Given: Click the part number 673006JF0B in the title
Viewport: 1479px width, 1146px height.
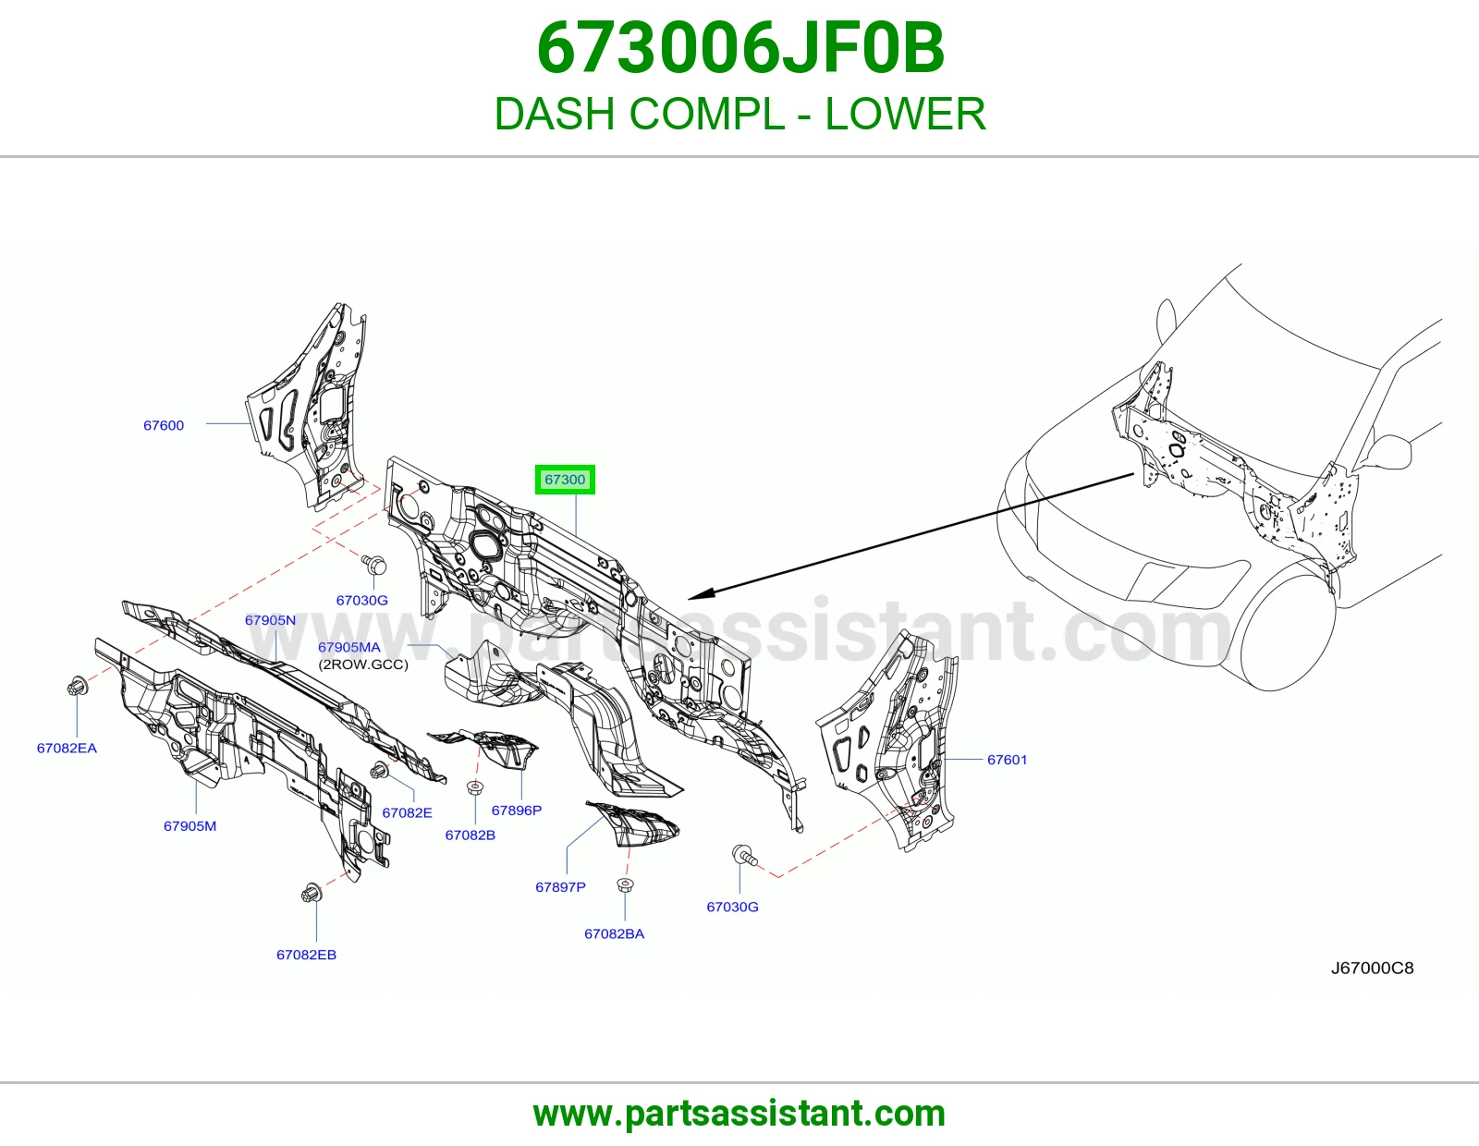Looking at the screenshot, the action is point(740,48).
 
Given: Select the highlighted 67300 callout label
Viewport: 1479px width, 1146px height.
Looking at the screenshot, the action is point(565,480).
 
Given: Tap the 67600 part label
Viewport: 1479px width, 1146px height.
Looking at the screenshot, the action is point(164,425).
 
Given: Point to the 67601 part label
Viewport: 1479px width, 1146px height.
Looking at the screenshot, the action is point(1007,760).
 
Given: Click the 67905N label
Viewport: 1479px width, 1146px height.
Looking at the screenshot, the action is point(270,620).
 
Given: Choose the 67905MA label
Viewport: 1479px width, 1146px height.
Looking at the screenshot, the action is point(349,647).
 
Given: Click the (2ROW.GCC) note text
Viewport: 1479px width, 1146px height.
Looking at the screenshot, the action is point(363,664).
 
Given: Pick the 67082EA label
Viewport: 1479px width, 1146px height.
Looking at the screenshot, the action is point(67,748).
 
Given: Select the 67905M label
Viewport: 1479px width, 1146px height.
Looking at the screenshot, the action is point(189,826).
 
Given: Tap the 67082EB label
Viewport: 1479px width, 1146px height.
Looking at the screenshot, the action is point(306,955).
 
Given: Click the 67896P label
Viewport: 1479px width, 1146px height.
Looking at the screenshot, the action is point(517,811).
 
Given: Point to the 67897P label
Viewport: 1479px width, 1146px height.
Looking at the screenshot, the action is point(560,887).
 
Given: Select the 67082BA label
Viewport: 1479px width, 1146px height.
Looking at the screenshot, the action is point(614,933).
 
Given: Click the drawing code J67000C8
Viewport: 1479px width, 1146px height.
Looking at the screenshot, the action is point(1372,968).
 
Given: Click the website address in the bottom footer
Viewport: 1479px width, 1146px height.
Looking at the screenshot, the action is point(739,1114).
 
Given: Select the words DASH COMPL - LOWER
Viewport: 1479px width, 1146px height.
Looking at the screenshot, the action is point(739,114).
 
